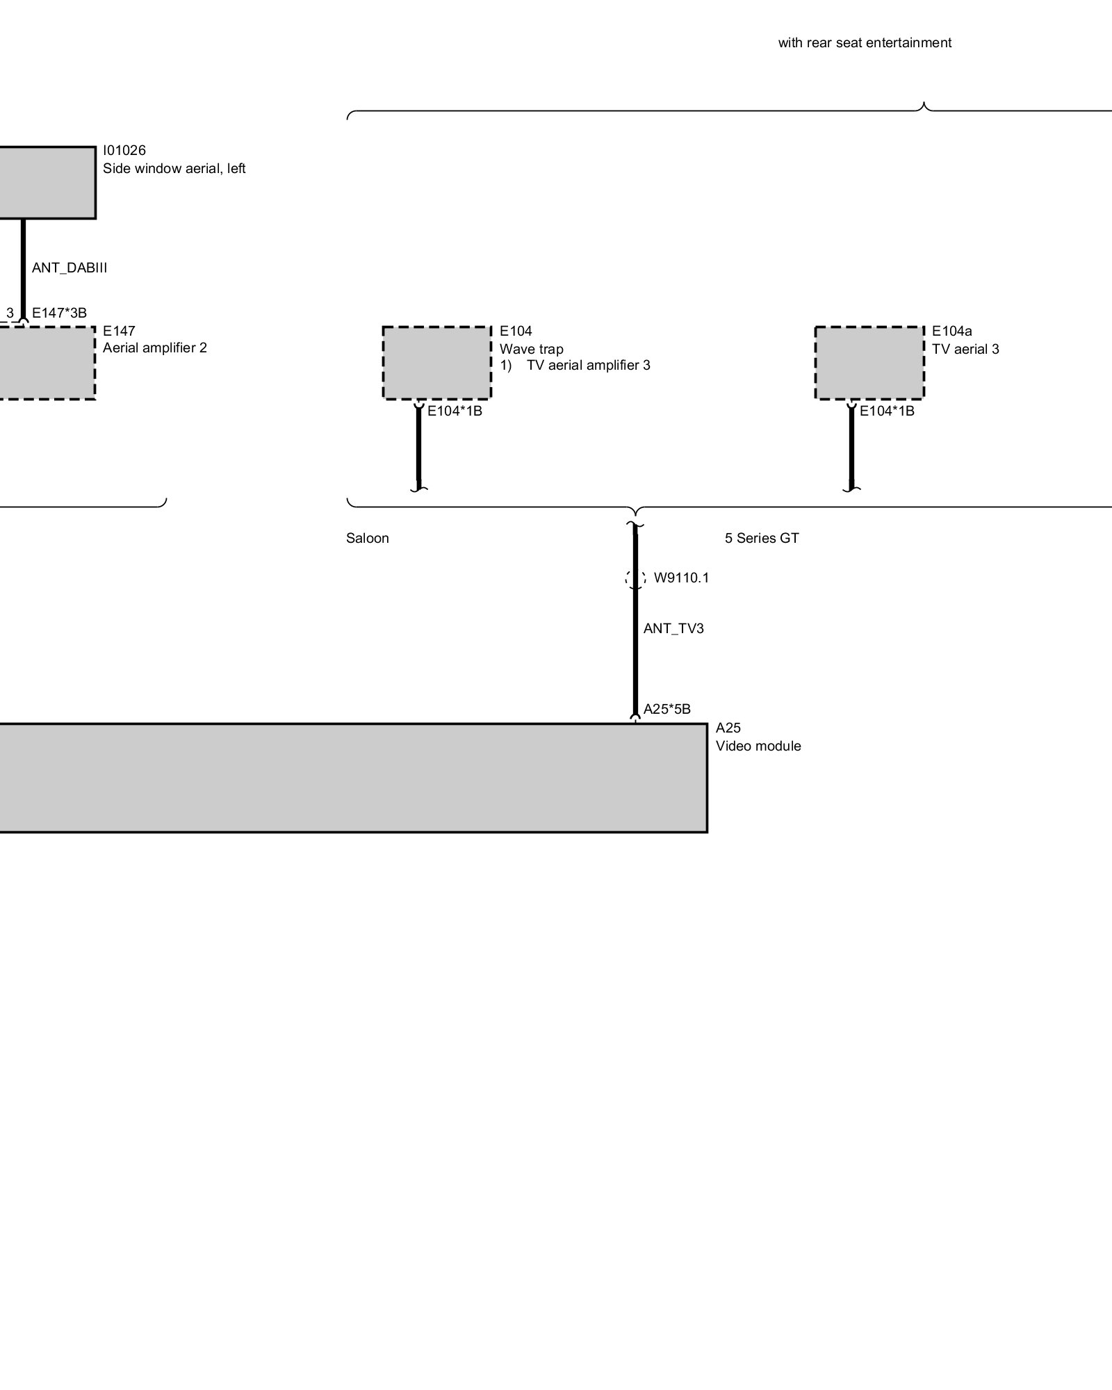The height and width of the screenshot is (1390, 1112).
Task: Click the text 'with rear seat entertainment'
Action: (864, 43)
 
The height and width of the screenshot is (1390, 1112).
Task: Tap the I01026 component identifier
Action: (124, 150)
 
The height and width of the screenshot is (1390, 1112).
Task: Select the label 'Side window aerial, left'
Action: (174, 169)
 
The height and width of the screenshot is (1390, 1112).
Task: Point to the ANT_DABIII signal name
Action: (69, 268)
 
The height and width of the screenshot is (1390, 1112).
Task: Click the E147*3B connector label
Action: (59, 313)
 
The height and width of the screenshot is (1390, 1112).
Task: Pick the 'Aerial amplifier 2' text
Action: (154, 347)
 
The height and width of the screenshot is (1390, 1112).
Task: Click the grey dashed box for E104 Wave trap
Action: (436, 363)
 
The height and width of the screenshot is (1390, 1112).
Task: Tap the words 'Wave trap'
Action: (531, 349)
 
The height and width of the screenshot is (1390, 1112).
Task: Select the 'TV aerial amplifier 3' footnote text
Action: (588, 366)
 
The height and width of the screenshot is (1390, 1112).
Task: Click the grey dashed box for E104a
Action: (869, 363)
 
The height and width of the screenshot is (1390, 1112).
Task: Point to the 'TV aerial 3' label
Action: (965, 349)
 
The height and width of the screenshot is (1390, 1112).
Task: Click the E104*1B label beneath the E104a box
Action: (887, 411)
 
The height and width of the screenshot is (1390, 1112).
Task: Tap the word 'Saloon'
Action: (367, 539)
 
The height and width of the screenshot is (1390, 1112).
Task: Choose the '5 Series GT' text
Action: (762, 539)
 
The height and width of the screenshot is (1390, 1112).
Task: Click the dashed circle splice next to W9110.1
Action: (635, 578)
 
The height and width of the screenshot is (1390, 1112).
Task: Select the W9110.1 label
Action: (681, 578)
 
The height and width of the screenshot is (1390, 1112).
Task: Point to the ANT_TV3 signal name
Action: (673, 629)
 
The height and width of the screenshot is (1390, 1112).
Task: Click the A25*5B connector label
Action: (667, 710)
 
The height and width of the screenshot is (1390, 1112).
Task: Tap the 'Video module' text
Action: (758, 746)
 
